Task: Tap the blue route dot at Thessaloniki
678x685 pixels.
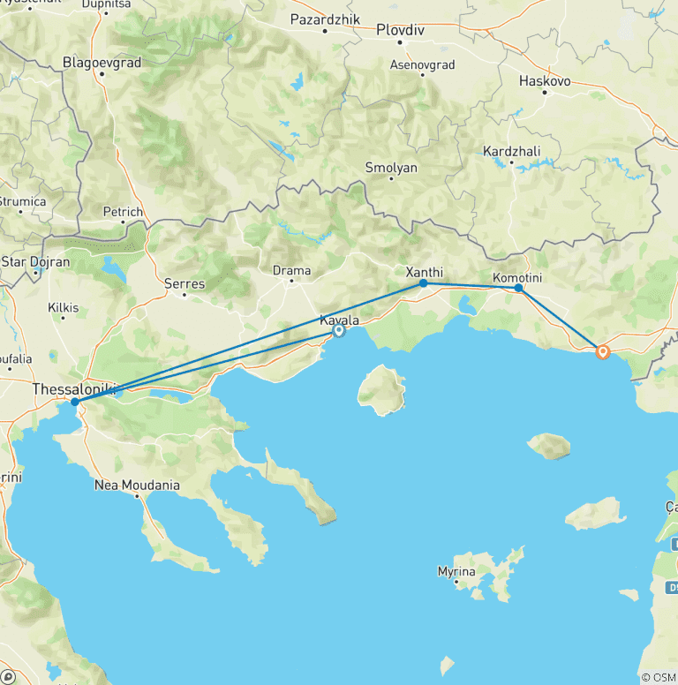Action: click(x=76, y=402)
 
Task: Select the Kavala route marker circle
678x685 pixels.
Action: click(x=339, y=330)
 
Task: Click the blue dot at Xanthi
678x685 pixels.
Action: click(x=424, y=283)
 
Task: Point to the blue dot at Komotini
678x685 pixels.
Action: click(x=518, y=288)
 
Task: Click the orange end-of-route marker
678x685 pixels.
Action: click(x=603, y=352)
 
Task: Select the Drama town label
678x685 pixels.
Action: click(x=291, y=270)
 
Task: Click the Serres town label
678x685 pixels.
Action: click(x=185, y=284)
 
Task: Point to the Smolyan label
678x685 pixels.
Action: click(x=391, y=167)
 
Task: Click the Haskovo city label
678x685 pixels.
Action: click(x=545, y=80)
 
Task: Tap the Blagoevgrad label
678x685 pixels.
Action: click(x=102, y=63)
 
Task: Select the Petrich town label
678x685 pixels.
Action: click(x=123, y=212)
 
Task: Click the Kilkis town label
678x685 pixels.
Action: click(x=64, y=308)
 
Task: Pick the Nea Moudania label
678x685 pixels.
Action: click(x=137, y=486)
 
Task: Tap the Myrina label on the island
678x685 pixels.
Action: click(x=456, y=572)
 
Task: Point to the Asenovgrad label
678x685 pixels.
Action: click(x=422, y=64)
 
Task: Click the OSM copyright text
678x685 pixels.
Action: click(x=657, y=677)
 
